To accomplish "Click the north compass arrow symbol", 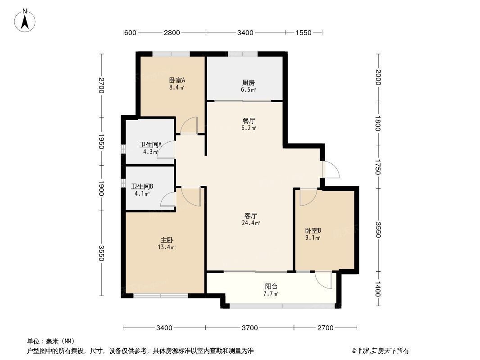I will [26, 20].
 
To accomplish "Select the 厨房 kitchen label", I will [248, 83].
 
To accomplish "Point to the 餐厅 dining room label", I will [249, 121].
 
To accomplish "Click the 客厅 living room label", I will [251, 216].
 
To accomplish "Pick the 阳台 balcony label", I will [271, 287].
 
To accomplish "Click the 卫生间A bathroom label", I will [150, 145].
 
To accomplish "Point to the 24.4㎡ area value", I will [252, 223].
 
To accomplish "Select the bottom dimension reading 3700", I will [249, 328].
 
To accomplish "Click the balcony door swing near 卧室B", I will [324, 279].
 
